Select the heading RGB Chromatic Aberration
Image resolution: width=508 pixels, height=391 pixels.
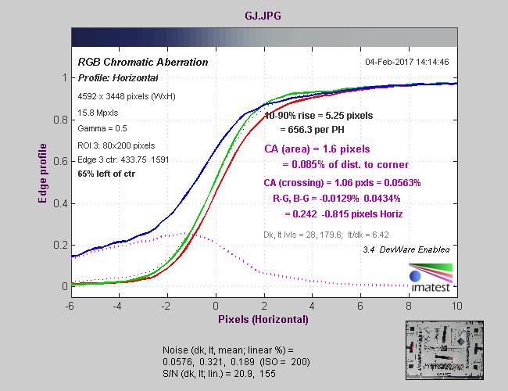click(x=142, y=62)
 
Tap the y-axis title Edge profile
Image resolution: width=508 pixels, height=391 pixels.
click(x=43, y=176)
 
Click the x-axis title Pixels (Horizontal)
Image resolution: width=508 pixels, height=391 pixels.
click(x=263, y=319)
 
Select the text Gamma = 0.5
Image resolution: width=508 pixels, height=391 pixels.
click(x=105, y=128)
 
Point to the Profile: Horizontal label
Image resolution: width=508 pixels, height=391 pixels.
click(x=117, y=77)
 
